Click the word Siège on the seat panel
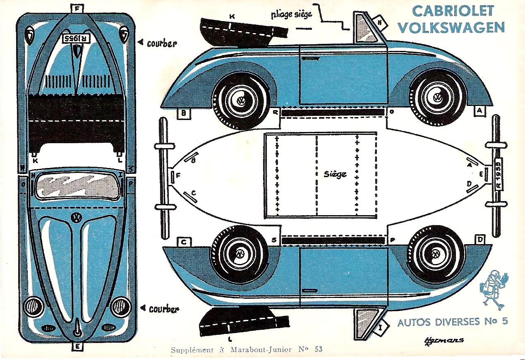(x=335, y=174)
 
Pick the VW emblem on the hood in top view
(x=76, y=217)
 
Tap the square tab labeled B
(x=183, y=113)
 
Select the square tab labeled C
(x=183, y=242)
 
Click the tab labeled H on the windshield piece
(x=380, y=23)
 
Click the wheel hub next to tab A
(x=437, y=98)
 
